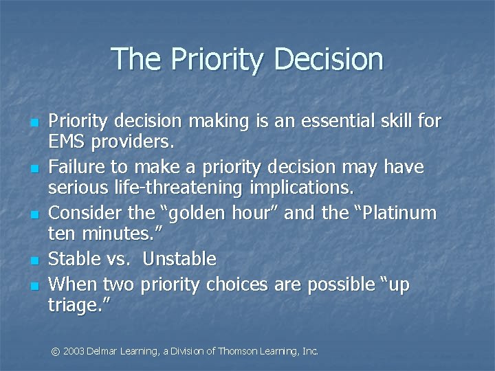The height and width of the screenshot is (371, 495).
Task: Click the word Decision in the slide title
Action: click(x=328, y=60)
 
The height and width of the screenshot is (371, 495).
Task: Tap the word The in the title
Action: click(x=134, y=59)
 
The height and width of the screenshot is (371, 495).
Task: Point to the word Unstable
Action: click(x=179, y=260)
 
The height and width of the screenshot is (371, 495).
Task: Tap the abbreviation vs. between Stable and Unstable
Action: click(x=122, y=260)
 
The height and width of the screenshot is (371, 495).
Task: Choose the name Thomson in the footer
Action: click(x=236, y=351)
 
